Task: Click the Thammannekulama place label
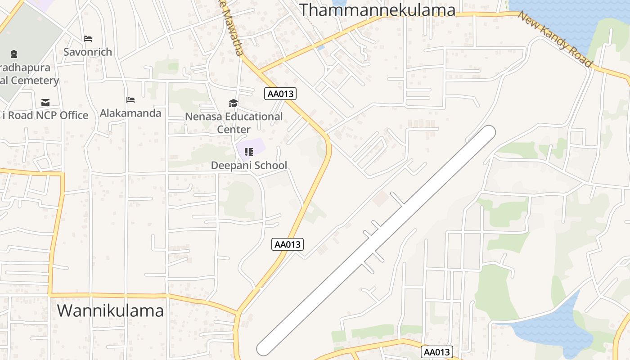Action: tap(377, 9)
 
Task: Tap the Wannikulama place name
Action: tap(110, 310)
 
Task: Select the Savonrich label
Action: tap(88, 52)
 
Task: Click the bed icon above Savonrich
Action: tap(88, 39)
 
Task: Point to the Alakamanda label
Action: tap(130, 113)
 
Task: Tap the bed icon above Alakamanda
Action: tap(130, 99)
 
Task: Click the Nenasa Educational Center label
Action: tap(234, 123)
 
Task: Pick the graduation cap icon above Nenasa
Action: tap(233, 103)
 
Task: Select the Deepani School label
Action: tap(249, 165)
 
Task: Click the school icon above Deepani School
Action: tap(248, 152)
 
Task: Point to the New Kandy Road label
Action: tap(554, 39)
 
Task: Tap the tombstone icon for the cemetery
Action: tap(14, 54)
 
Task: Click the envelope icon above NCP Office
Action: tap(45, 102)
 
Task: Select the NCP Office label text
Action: tap(45, 115)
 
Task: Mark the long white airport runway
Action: tap(376, 241)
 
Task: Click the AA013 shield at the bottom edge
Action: tap(436, 352)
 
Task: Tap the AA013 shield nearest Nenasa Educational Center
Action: tap(280, 94)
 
